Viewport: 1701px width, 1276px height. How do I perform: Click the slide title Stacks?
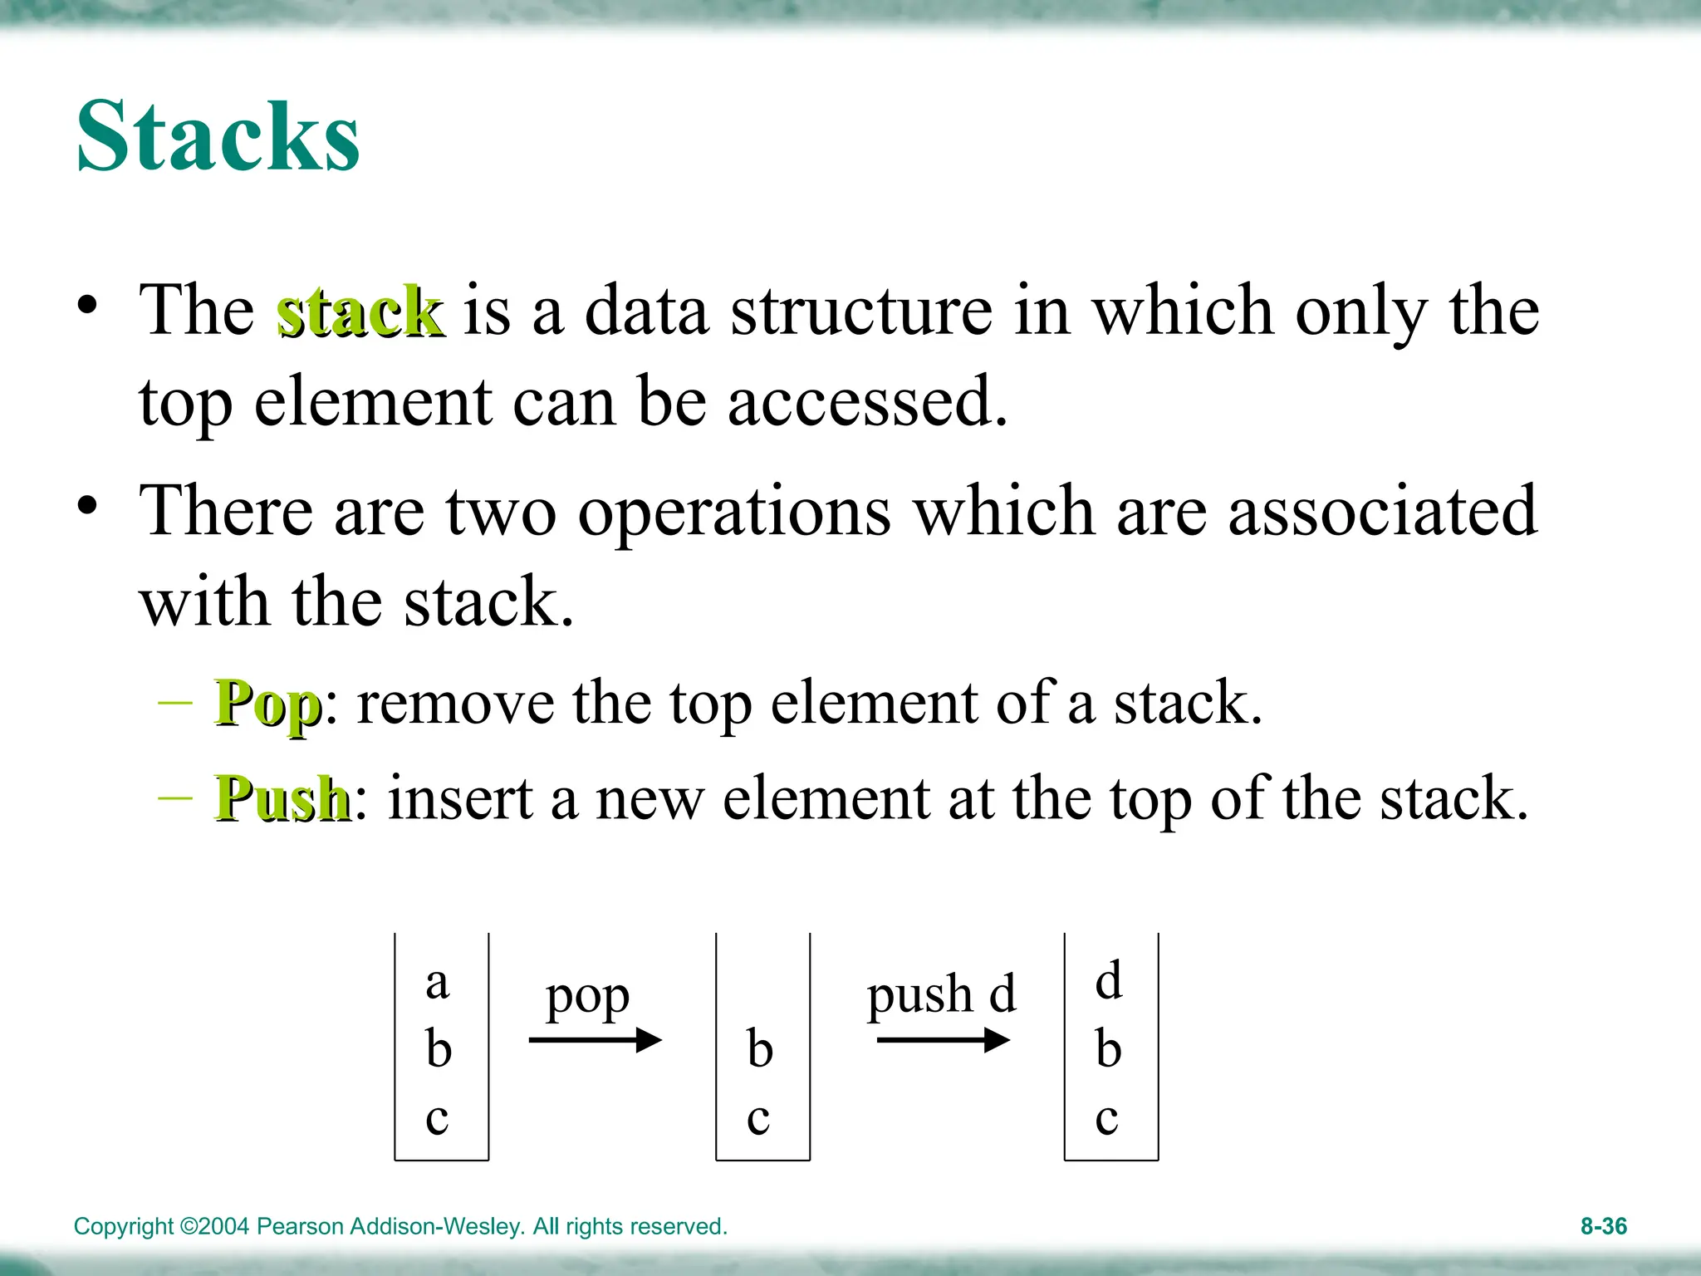[x=218, y=136]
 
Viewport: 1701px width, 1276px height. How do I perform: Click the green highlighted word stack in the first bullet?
[x=360, y=312]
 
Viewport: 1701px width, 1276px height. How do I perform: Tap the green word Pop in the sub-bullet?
[x=267, y=704]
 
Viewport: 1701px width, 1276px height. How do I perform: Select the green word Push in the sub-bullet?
[x=282, y=798]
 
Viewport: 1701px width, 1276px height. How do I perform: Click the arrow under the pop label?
[x=595, y=1040]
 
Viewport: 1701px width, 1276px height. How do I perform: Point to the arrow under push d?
[x=943, y=1040]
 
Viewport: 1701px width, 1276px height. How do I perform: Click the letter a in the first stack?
[x=438, y=983]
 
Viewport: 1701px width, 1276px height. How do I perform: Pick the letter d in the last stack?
[x=1109, y=980]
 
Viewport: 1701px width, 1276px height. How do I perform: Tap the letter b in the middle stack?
[x=760, y=1048]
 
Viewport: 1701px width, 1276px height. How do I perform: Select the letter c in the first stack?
[x=438, y=1117]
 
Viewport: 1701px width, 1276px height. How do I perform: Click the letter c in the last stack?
[x=1107, y=1117]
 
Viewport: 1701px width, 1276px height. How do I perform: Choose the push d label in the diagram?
[x=941, y=994]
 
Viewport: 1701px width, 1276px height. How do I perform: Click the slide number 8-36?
[x=1603, y=1226]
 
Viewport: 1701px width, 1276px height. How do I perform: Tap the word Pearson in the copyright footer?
[x=300, y=1226]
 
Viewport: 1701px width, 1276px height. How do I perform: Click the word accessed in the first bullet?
[x=867, y=402]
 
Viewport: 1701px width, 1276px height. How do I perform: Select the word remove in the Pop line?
[x=455, y=704]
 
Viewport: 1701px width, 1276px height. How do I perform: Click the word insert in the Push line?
[x=460, y=798]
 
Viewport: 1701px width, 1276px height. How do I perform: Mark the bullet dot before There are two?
[x=88, y=505]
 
